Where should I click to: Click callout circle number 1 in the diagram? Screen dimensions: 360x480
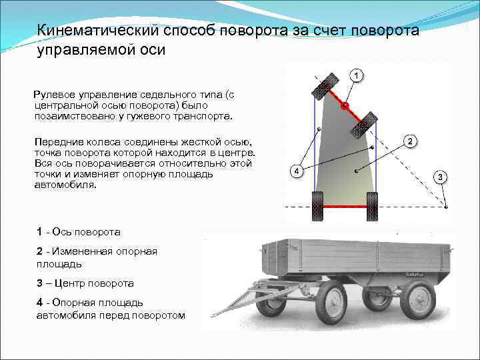pyautogui.click(x=357, y=75)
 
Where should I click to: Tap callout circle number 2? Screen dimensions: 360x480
pyautogui.click(x=411, y=141)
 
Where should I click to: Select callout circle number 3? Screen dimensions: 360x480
pyautogui.click(x=441, y=177)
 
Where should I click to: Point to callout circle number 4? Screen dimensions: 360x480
pyautogui.click(x=297, y=171)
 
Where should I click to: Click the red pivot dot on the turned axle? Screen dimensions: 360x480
pyautogui.click(x=345, y=105)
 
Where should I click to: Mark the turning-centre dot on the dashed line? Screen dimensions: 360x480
pyautogui.click(x=446, y=207)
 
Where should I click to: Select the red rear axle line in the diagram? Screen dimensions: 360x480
pyautogui.click(x=345, y=206)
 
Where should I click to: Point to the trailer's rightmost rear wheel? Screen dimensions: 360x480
pyautogui.click(x=417, y=299)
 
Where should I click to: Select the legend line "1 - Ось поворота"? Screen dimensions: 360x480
pyautogui.click(x=79, y=232)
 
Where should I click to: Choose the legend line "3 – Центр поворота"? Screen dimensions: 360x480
pyautogui.click(x=85, y=283)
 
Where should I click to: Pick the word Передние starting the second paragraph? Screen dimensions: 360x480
pyautogui.click(x=59, y=142)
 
